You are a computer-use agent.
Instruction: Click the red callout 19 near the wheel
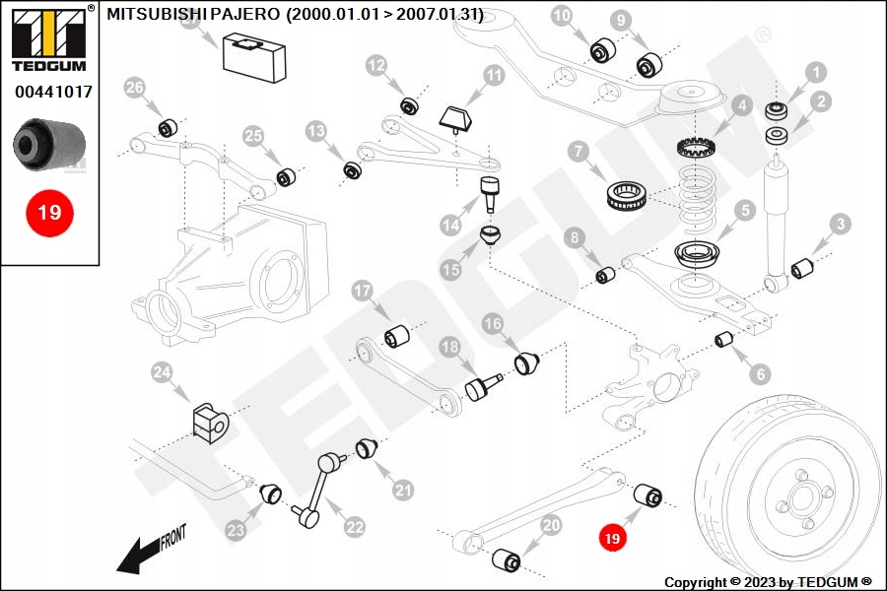(612, 537)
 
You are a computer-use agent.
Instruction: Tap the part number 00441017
(53, 92)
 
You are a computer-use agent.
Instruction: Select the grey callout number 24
(162, 372)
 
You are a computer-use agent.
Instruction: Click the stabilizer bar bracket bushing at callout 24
(210, 423)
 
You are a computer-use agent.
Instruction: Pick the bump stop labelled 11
(456, 120)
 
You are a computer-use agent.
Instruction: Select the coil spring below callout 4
(697, 199)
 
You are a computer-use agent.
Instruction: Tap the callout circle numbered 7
(579, 151)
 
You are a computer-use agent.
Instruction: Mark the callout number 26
(135, 88)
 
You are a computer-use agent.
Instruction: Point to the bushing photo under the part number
(49, 144)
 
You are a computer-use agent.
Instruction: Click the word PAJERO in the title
(245, 14)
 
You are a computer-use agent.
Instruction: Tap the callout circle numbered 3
(840, 224)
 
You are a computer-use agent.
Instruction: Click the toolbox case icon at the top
(254, 57)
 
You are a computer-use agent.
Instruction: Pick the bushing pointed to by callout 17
(397, 336)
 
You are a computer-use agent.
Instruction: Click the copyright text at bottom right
(768, 582)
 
